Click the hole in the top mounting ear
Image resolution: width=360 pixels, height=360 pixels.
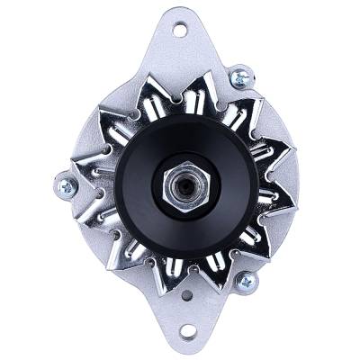point(179,30)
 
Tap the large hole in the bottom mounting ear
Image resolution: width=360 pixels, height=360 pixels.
point(187,330)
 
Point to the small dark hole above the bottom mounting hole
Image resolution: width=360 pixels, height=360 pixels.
point(186,295)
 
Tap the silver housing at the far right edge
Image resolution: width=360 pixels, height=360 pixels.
point(301,189)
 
